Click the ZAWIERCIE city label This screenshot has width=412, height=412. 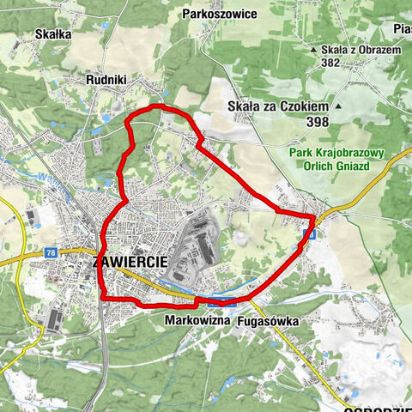pyautogui.click(x=128, y=263)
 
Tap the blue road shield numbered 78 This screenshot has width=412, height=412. pyautogui.click(x=51, y=252)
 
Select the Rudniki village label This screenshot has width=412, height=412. pyautogui.click(x=106, y=80)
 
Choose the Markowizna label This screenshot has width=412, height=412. pyautogui.click(x=192, y=318)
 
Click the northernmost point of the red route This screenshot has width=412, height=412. pyautogui.click(x=156, y=106)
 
